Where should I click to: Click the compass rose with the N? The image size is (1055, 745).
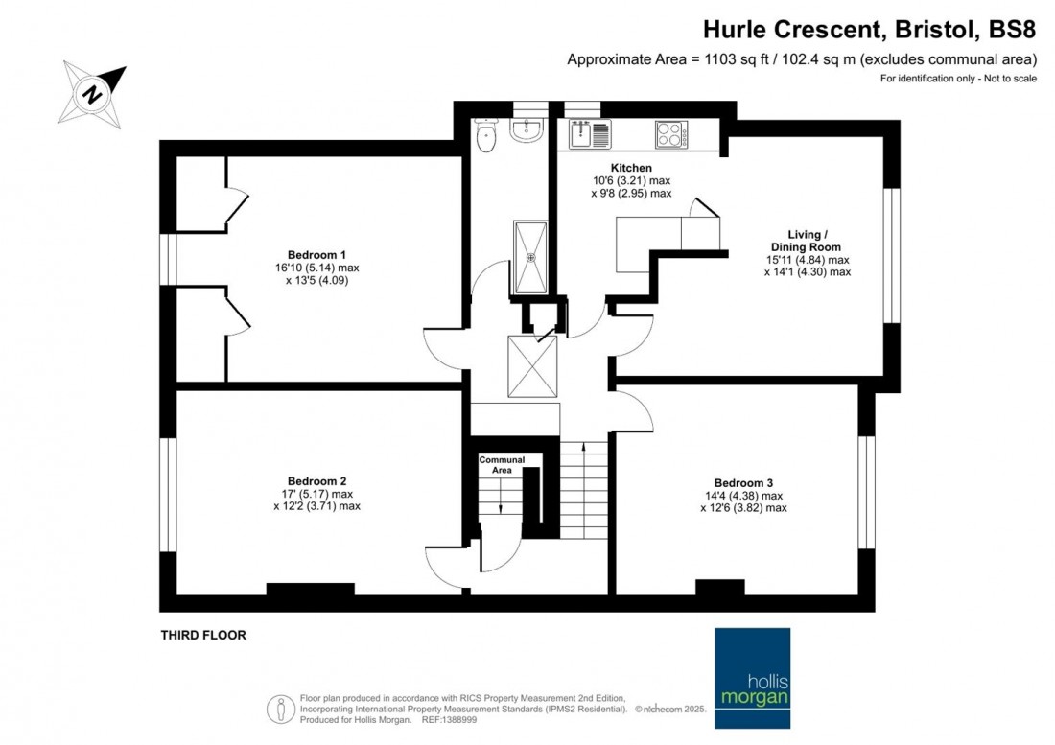[94, 94]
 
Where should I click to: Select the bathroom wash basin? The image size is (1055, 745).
[527, 130]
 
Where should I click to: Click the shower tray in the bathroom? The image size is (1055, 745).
[530, 257]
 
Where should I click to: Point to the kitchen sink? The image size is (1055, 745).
[589, 134]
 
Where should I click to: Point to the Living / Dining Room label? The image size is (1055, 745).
[807, 241]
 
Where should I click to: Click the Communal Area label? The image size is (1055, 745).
[503, 465]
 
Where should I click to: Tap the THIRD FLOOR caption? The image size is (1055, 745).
[202, 635]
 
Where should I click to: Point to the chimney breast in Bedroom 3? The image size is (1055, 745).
[719, 587]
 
